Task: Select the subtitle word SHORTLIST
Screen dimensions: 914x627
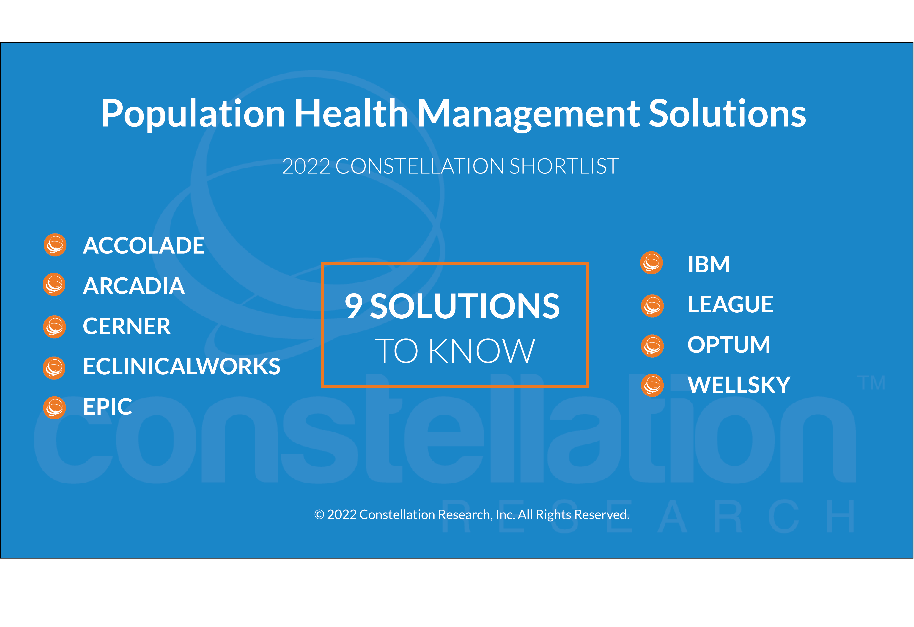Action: (x=564, y=166)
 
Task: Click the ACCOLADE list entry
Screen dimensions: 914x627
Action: (x=144, y=246)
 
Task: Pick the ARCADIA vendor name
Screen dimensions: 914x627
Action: (x=134, y=286)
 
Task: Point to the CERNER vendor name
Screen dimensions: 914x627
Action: (x=127, y=326)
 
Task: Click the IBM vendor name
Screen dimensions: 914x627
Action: (x=709, y=264)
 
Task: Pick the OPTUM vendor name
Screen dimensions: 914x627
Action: (x=729, y=345)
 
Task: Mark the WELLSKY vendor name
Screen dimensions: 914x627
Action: (x=739, y=385)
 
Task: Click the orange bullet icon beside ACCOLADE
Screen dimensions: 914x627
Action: (x=55, y=245)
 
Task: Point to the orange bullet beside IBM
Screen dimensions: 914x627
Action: (x=652, y=262)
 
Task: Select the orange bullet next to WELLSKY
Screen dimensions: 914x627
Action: (x=652, y=385)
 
